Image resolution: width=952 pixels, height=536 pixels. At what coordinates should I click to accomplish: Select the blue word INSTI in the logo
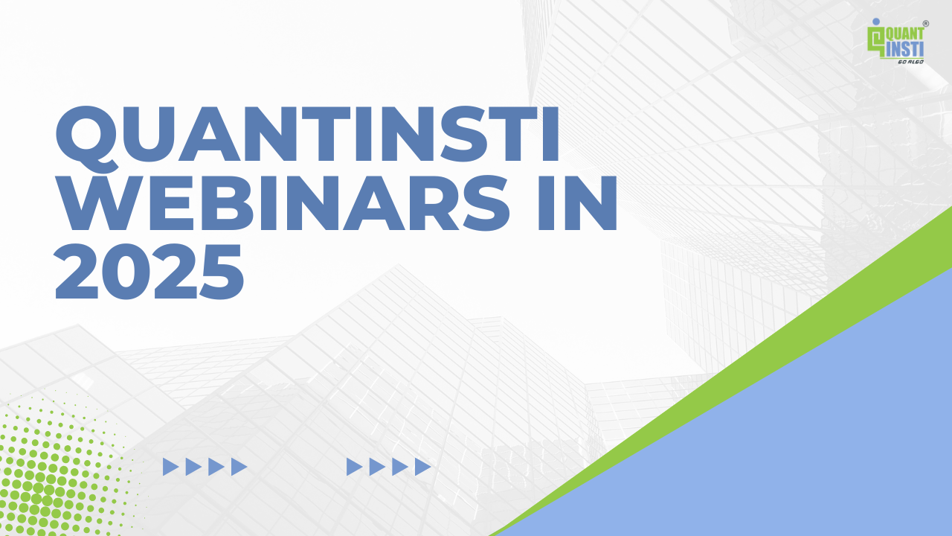(x=904, y=49)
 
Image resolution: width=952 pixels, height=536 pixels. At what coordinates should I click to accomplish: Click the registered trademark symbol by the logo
(x=925, y=24)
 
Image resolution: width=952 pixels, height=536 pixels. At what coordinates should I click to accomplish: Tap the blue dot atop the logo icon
(x=875, y=22)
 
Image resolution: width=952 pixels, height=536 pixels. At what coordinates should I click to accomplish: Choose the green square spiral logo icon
(x=875, y=41)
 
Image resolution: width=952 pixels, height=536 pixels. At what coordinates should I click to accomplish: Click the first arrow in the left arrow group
(x=170, y=467)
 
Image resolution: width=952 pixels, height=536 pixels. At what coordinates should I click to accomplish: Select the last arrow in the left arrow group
(x=239, y=467)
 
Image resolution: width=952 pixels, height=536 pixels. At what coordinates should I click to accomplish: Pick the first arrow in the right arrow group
(x=354, y=467)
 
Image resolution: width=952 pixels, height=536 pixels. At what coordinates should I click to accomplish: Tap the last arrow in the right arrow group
(x=422, y=467)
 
